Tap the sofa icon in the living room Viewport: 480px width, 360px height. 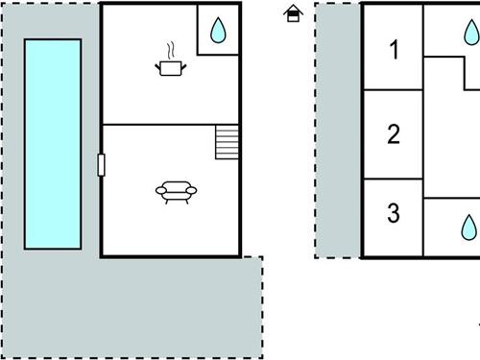176,192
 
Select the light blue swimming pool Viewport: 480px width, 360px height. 53,144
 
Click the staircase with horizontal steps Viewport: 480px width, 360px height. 227,142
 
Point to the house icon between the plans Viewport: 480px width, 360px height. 293,13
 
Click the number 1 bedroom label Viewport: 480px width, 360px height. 395,50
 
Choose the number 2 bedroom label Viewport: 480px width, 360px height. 394,134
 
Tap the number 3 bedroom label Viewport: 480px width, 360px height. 394,213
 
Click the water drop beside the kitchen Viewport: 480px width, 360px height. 218,31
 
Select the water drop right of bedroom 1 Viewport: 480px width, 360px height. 471,33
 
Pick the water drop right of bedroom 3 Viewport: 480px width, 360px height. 468,228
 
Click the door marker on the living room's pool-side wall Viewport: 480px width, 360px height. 101,165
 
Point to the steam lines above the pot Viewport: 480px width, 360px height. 171,51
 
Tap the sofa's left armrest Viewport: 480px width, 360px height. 161,191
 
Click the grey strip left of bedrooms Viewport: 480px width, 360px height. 338,130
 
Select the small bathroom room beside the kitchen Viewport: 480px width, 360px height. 218,30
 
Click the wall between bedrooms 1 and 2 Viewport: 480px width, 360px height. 394,89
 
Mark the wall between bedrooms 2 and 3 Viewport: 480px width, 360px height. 394,179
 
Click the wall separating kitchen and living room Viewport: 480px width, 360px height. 171,124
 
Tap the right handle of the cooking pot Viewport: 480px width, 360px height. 184,67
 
